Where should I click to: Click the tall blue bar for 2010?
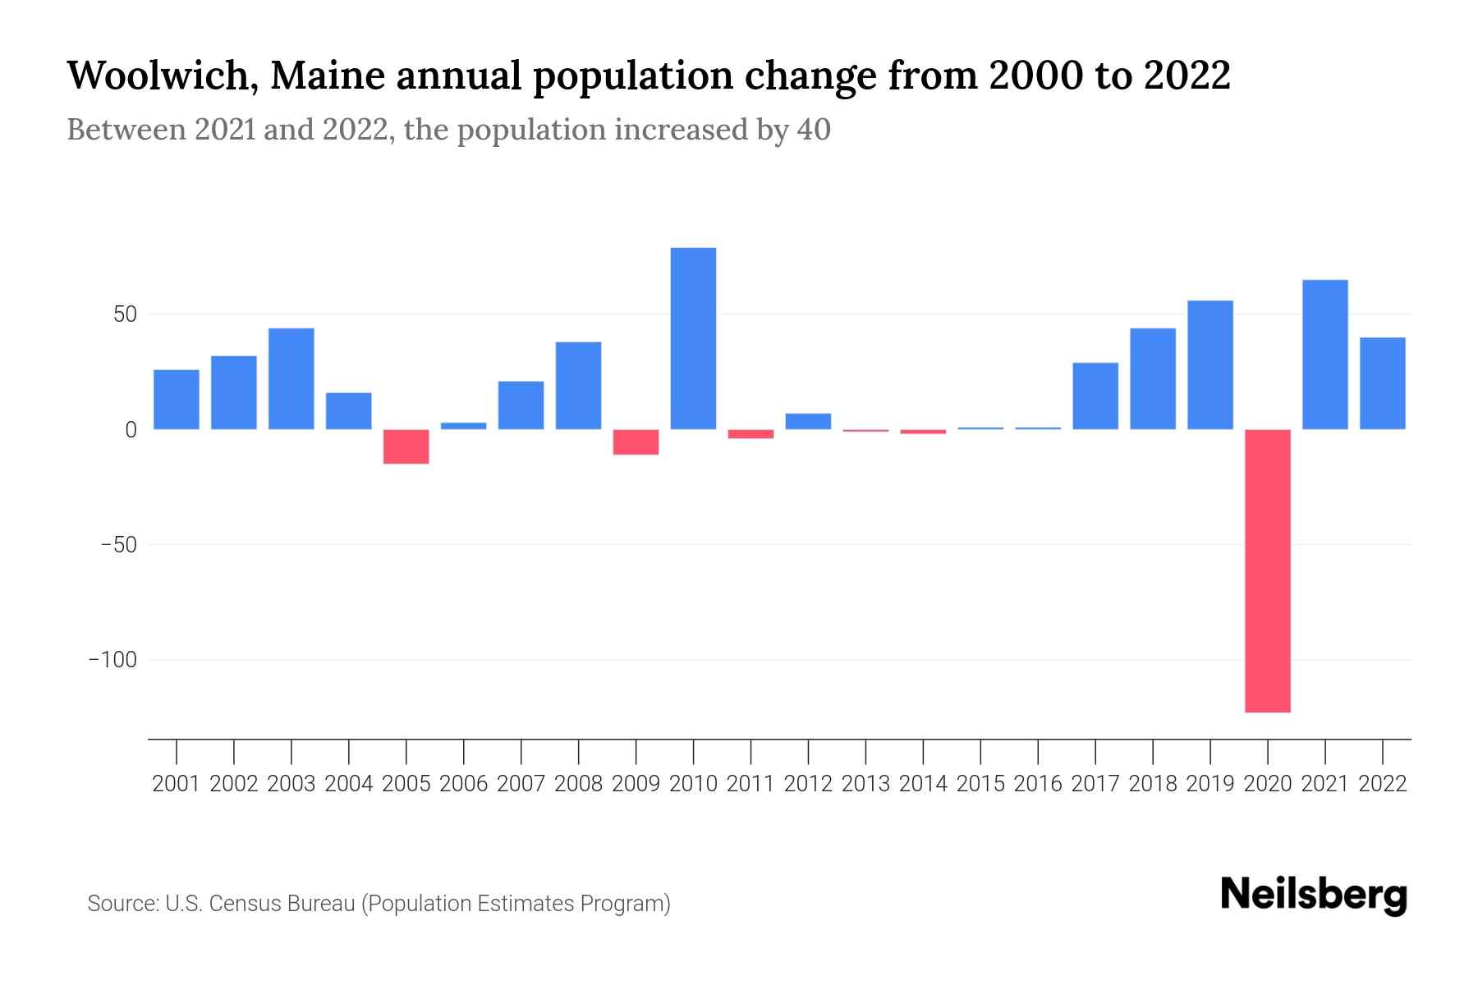click(693, 338)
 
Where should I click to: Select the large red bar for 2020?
click(1267, 570)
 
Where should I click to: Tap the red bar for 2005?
click(406, 447)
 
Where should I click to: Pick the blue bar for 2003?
click(291, 378)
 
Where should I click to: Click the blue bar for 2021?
click(1324, 355)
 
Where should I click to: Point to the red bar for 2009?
click(636, 442)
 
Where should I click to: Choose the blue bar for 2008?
click(578, 385)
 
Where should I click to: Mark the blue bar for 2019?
click(1209, 364)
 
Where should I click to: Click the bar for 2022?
click(1382, 383)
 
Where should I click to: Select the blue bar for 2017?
click(1095, 396)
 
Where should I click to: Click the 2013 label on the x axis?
click(865, 784)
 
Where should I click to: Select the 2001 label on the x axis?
click(176, 784)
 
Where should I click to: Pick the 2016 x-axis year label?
click(1038, 784)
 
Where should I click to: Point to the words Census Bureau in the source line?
click(282, 904)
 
